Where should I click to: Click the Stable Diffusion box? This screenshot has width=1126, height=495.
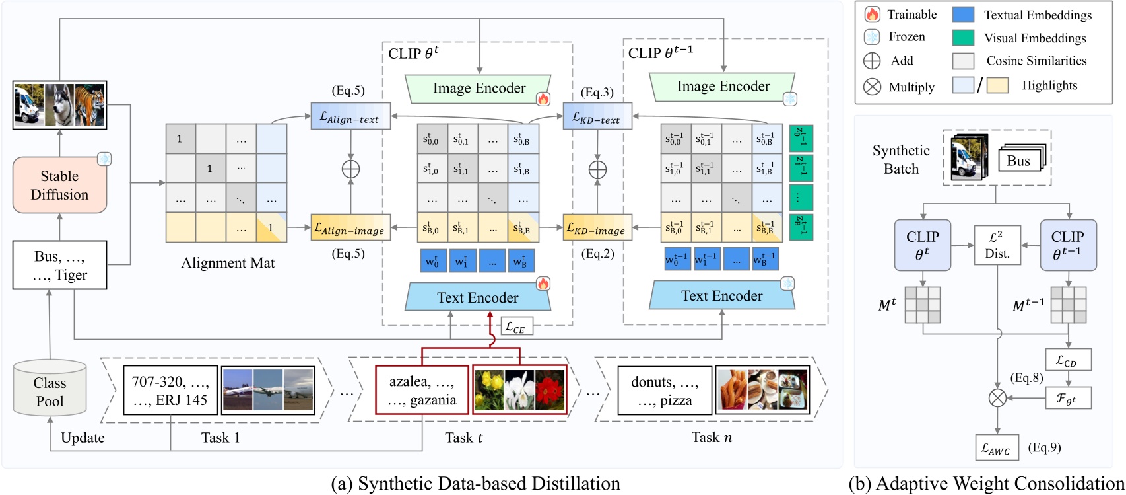point(59,185)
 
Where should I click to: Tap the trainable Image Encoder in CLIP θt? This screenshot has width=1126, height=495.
point(479,89)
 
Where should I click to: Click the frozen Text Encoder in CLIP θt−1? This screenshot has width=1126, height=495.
point(721,296)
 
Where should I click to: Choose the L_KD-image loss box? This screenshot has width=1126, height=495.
point(597,228)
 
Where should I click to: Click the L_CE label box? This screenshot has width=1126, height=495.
point(515,326)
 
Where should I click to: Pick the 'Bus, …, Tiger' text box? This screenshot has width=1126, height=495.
point(59,265)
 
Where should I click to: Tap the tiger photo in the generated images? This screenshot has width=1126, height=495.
point(90,104)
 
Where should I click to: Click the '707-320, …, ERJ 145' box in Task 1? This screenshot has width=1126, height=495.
point(170,391)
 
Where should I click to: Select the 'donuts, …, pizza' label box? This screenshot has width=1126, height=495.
point(664,391)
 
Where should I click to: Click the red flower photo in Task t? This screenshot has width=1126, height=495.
point(550,391)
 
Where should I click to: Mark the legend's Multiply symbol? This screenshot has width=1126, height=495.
point(872,87)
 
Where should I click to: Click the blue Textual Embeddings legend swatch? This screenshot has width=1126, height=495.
point(963,15)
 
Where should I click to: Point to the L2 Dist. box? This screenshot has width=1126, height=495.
point(997,245)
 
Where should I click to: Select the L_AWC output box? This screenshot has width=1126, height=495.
point(997,448)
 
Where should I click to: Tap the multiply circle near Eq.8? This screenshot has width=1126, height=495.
point(997,398)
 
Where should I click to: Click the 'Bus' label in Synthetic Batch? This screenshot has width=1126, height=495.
point(1018,160)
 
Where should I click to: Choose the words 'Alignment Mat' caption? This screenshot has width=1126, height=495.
point(228,263)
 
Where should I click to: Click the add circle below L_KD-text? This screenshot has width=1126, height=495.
point(597,169)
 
